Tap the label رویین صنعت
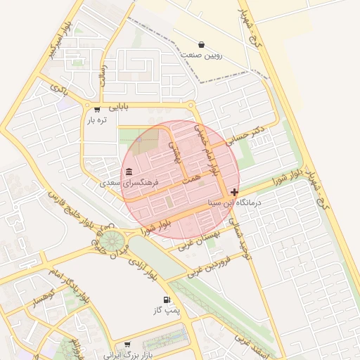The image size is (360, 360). tap(202, 55)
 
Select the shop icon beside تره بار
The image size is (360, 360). tap(97, 109)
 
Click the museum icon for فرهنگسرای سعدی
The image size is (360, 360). tap(129, 172)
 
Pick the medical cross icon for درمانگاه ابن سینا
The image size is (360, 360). tap(234, 192)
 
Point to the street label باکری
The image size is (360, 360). tap(59, 89)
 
